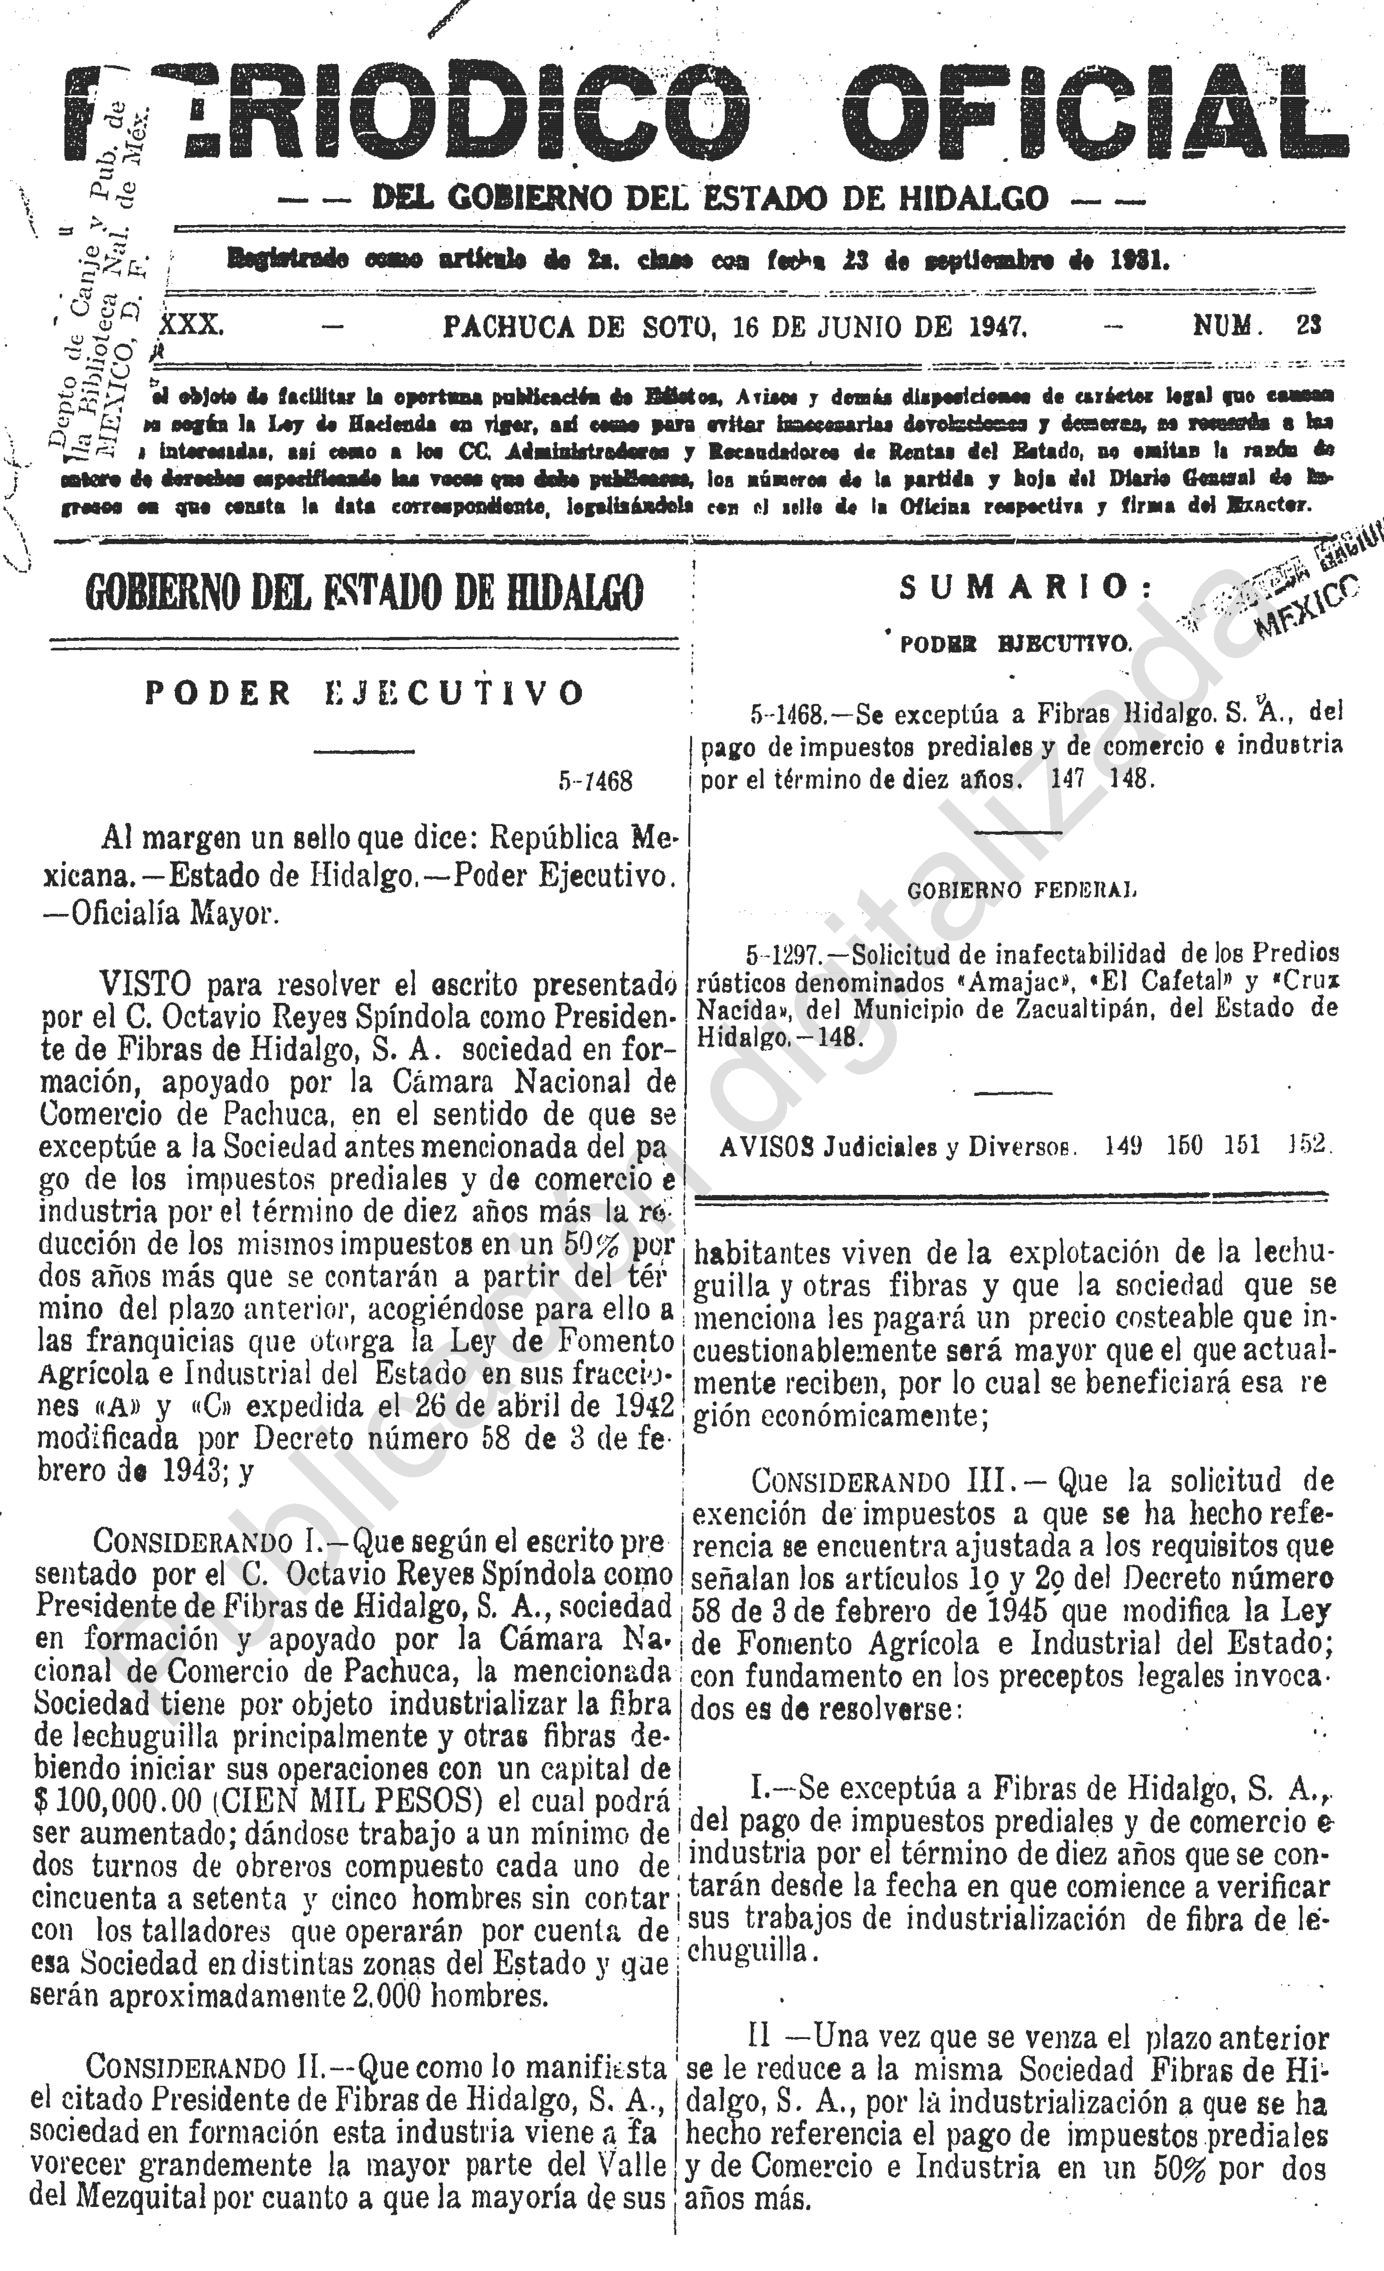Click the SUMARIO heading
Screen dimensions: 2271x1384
point(1014,586)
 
